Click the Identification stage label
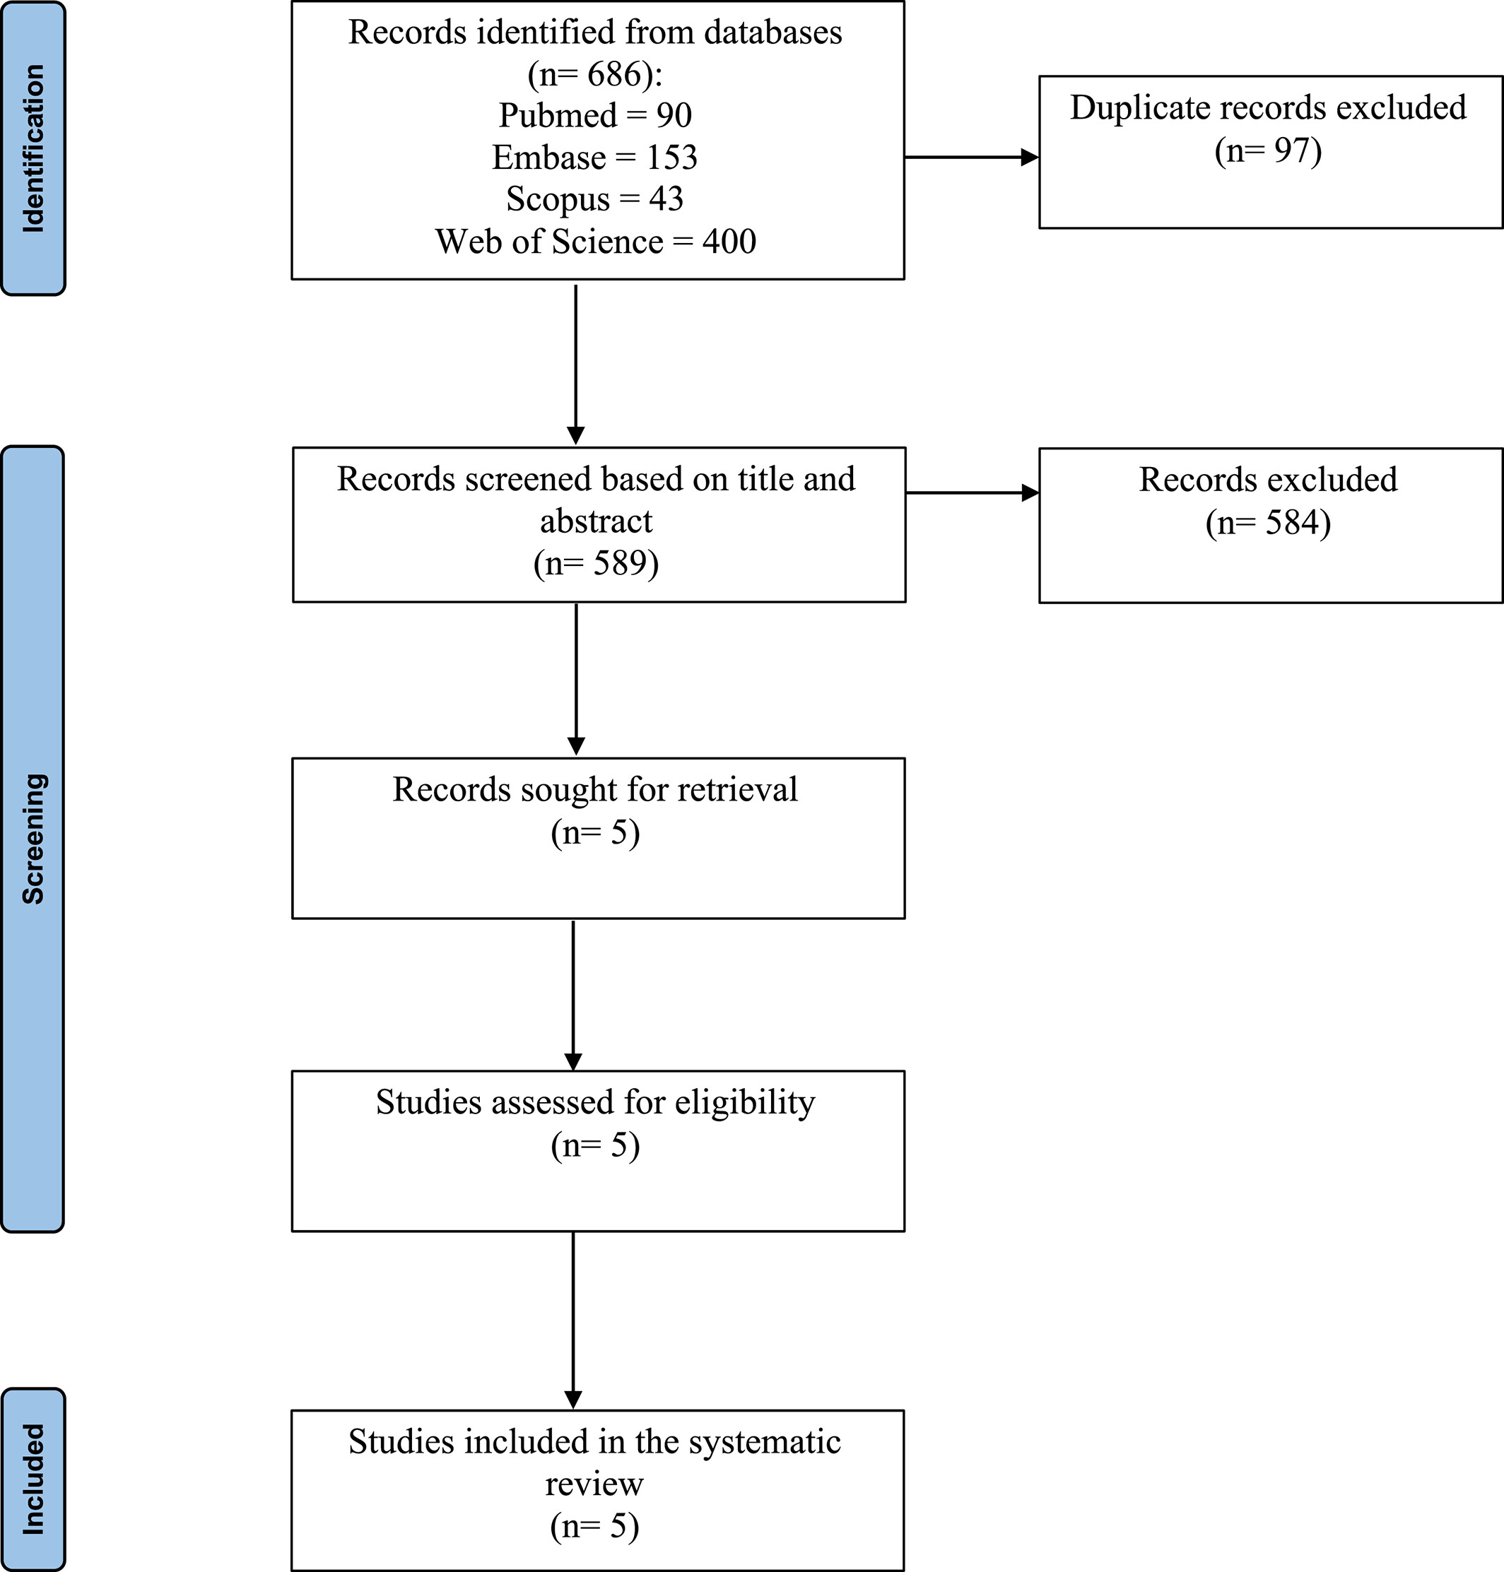(33, 149)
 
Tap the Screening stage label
(33, 839)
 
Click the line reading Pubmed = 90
(595, 115)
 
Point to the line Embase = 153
(595, 157)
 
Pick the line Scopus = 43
(595, 199)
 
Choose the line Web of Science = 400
(596, 241)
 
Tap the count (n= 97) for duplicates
(1269, 150)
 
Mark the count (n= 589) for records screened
(597, 563)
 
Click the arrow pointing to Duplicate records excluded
(972, 158)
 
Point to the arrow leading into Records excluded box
(973, 492)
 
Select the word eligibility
(745, 1102)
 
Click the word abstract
(597, 521)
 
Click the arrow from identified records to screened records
(575, 365)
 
